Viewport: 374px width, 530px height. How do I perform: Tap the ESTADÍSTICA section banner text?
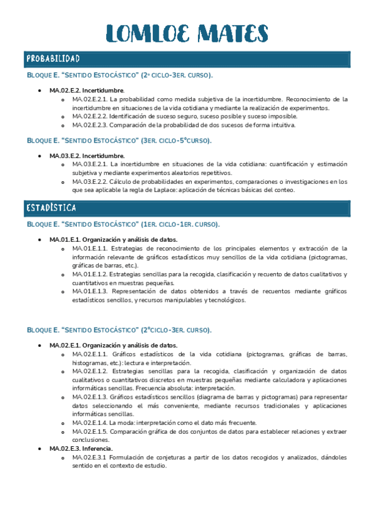51,207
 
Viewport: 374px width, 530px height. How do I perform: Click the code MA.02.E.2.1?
91,99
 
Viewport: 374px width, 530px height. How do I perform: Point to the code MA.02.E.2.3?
91,125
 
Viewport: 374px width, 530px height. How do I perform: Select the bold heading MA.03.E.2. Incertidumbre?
87,156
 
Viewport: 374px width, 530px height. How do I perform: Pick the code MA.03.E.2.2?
91,181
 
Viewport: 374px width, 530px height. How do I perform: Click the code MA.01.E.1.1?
91,248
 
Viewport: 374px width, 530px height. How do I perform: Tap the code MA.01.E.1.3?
91,291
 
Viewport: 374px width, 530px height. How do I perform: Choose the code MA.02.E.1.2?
91,371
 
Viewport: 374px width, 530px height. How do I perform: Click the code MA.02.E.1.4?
91,422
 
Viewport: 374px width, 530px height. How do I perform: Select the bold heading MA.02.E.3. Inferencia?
82,449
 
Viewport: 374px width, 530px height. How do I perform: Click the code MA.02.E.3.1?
91,457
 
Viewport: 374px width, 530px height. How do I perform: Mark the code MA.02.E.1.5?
91,431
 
